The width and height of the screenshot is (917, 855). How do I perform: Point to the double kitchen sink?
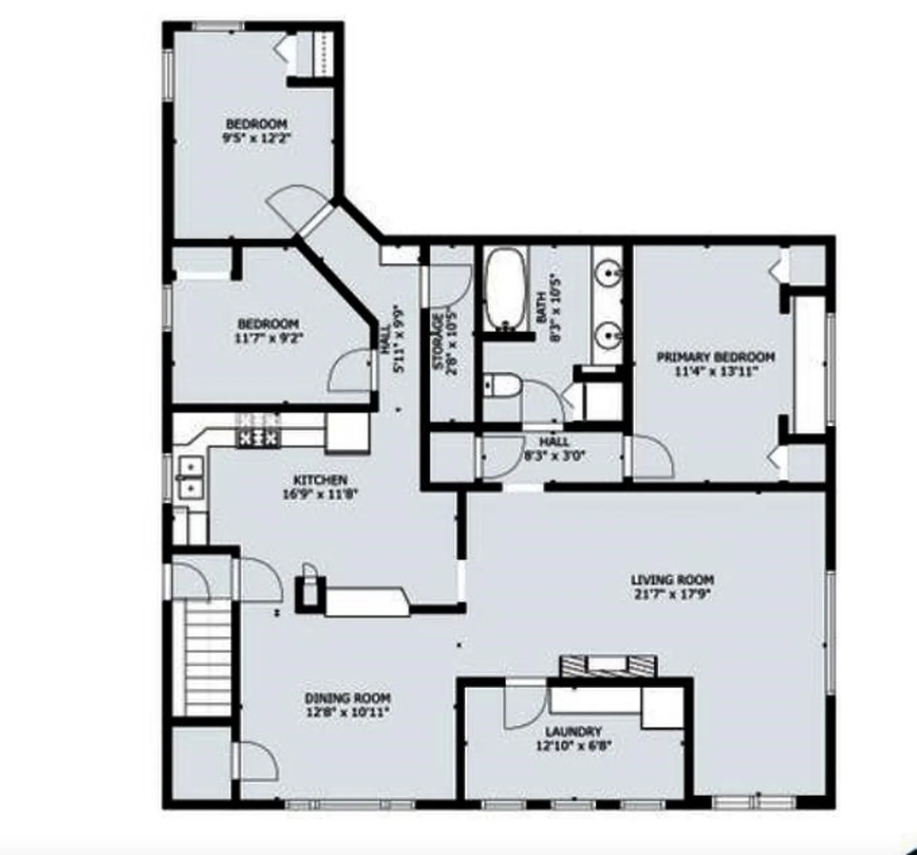192,476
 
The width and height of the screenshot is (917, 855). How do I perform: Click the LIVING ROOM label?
672,580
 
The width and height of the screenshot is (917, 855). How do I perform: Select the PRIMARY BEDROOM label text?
715,357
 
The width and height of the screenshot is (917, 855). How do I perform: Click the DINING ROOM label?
347,698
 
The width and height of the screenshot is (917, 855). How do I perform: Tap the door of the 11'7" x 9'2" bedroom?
351,371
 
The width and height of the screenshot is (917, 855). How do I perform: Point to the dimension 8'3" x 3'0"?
554,455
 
